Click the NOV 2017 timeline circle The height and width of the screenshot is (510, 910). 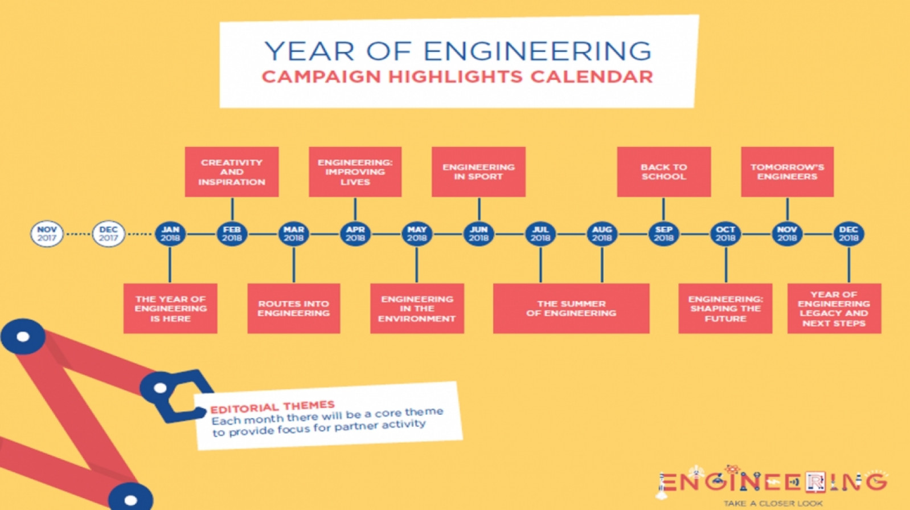(47, 234)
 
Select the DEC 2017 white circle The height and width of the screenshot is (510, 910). (108, 234)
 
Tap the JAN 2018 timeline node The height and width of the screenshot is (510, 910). (170, 234)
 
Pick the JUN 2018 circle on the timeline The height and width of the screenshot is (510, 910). (478, 234)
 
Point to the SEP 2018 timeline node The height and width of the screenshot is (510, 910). (664, 234)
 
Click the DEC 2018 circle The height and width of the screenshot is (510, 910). (848, 234)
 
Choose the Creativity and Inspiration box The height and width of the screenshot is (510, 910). (232, 172)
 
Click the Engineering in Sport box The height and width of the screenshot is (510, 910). (478, 172)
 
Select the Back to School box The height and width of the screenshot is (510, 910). (664, 172)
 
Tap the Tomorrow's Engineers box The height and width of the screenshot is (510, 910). (788, 172)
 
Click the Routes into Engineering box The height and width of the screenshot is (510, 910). (294, 308)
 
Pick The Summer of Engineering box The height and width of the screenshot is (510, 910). (571, 308)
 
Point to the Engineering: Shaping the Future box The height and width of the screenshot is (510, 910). (725, 308)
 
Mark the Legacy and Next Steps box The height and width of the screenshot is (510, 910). (834, 308)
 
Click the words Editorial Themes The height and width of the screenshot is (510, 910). (272, 406)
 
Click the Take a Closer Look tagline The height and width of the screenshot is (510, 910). (773, 504)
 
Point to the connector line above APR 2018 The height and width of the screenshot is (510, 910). (355, 209)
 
